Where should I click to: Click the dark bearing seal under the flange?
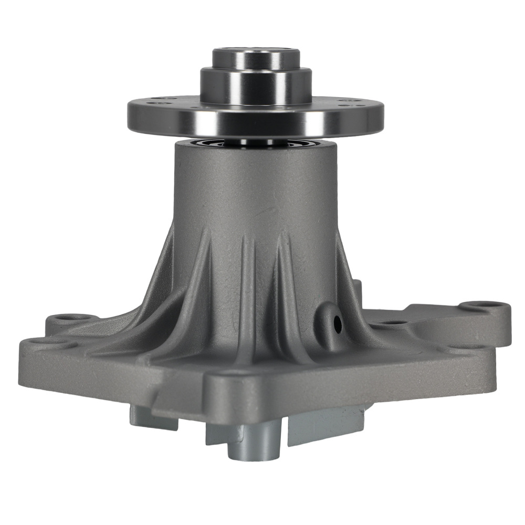(256, 142)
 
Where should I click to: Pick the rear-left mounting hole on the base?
(67, 318)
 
